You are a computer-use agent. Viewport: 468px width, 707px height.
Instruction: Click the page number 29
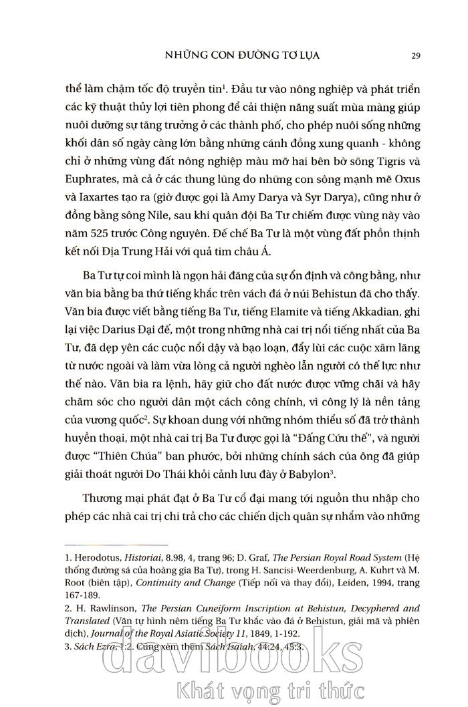(415, 55)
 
